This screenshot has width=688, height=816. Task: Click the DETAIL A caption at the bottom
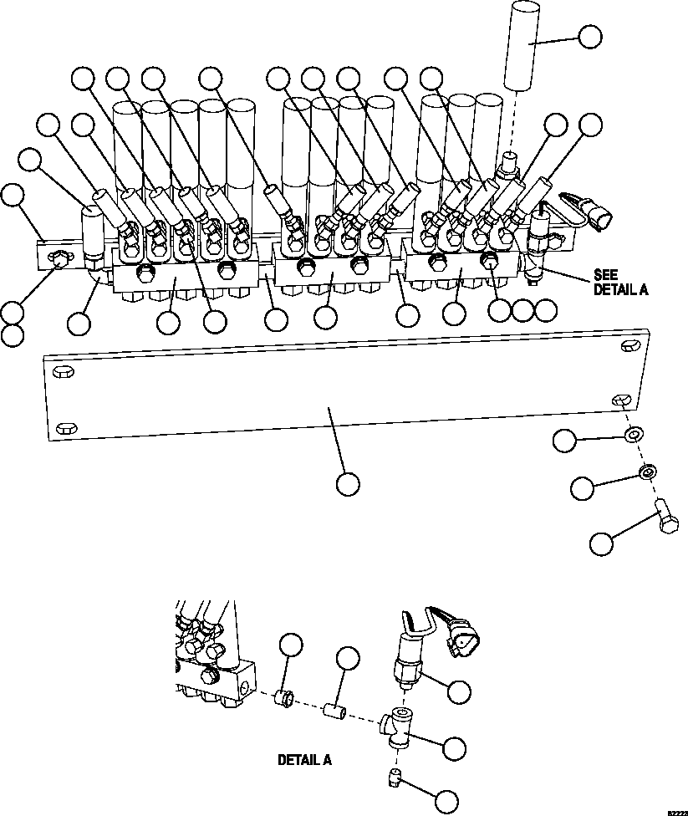click(304, 761)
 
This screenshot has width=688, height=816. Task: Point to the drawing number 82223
click(676, 811)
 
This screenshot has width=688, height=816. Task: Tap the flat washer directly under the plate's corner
click(634, 434)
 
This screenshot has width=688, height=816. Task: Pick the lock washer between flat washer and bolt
click(647, 473)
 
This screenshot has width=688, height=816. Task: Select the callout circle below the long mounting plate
click(348, 483)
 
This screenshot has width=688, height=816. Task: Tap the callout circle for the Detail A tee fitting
click(454, 749)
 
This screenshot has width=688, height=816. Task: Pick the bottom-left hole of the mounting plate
click(64, 429)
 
